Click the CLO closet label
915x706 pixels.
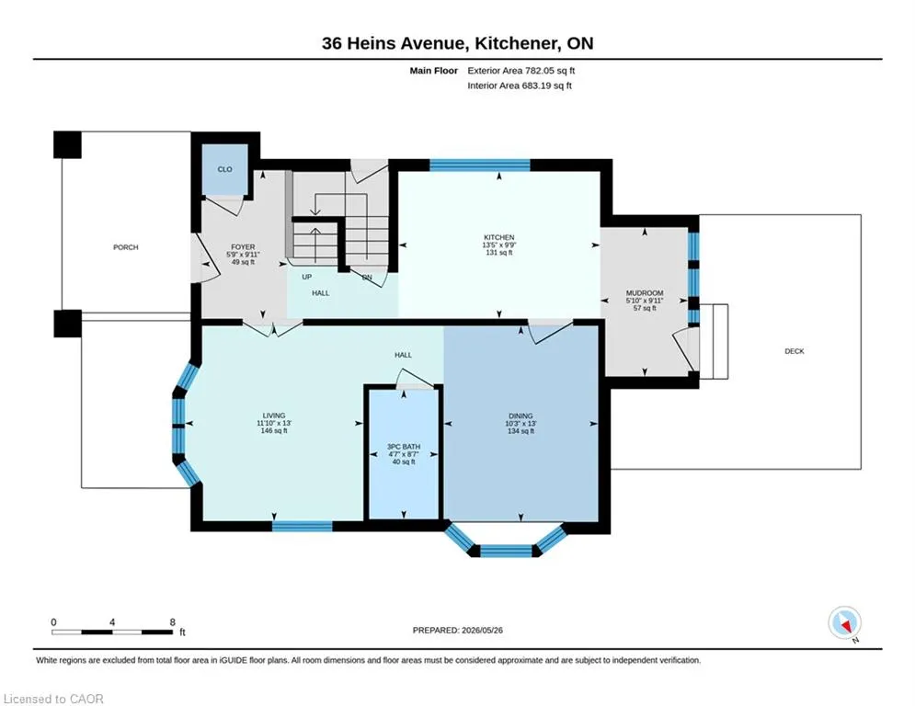coord(224,169)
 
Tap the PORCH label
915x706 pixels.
coord(125,247)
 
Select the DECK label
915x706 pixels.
coord(795,351)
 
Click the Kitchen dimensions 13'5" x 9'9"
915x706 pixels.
coord(499,245)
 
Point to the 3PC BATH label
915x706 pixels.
coord(404,447)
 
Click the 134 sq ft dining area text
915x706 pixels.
coord(520,431)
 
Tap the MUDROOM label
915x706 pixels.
coord(645,293)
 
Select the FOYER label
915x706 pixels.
coord(243,247)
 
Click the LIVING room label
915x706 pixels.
coord(274,416)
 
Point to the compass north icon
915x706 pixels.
coord(845,623)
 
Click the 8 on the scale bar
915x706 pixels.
coord(173,622)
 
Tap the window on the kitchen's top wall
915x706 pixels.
coord(480,165)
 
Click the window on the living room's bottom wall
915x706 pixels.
coord(303,527)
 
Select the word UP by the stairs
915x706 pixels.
coord(307,277)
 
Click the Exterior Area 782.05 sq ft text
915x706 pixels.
coord(521,71)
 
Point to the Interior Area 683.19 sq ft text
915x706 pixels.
coord(520,85)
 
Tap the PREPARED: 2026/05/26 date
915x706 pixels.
coord(458,630)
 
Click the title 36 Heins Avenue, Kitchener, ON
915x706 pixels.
coord(458,43)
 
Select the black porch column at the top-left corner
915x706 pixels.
coord(67,144)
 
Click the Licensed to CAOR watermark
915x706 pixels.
coord(53,699)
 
